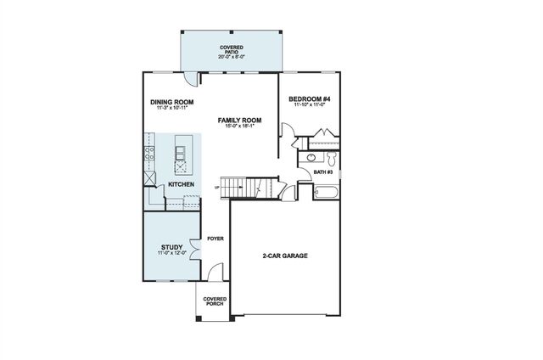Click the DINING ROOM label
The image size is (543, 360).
pyautogui.click(x=172, y=103)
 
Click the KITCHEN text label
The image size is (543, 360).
pyautogui.click(x=181, y=184)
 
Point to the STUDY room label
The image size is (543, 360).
pyautogui.click(x=171, y=247)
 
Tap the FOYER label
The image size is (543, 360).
pyautogui.click(x=216, y=239)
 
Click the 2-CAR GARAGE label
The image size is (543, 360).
pyautogui.click(x=284, y=255)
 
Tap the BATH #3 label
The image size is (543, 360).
pyautogui.click(x=323, y=172)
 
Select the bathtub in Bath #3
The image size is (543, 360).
pyautogui.click(x=326, y=192)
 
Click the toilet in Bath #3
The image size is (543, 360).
pyautogui.click(x=332, y=158)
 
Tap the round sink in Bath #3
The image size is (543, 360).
pyautogui.click(x=311, y=158)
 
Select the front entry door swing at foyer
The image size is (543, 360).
pyautogui.click(x=215, y=273)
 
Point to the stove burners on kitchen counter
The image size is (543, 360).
pyautogui.click(x=148, y=154)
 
